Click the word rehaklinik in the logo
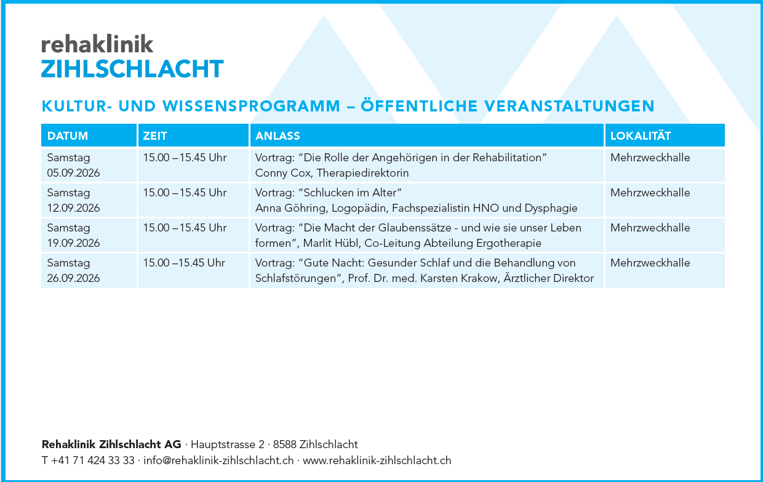(97, 44)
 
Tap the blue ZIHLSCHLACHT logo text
(132, 69)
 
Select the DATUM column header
(68, 135)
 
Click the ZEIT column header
(154, 135)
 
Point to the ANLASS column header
(278, 135)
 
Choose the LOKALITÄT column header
(641, 135)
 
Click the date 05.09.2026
(73, 173)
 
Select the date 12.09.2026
(73, 208)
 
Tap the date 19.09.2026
(73, 243)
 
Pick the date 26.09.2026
(73, 278)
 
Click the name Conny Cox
(283, 173)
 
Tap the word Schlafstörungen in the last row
(298, 278)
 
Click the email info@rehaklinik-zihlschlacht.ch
(218, 460)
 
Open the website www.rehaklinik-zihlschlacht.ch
(377, 460)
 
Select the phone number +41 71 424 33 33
(93, 460)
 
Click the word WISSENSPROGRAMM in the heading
(252, 106)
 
